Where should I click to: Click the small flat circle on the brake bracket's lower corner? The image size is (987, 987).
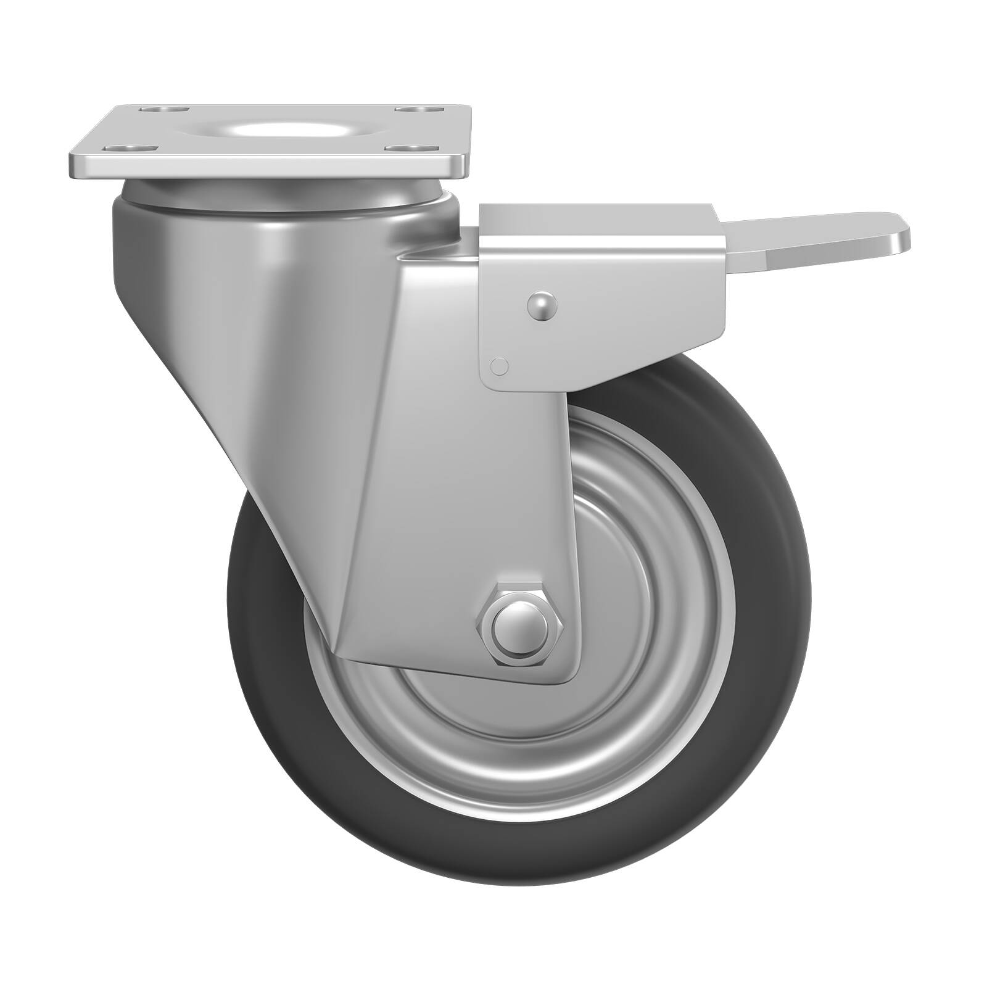point(499,366)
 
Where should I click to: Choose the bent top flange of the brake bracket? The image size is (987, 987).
point(598,219)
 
